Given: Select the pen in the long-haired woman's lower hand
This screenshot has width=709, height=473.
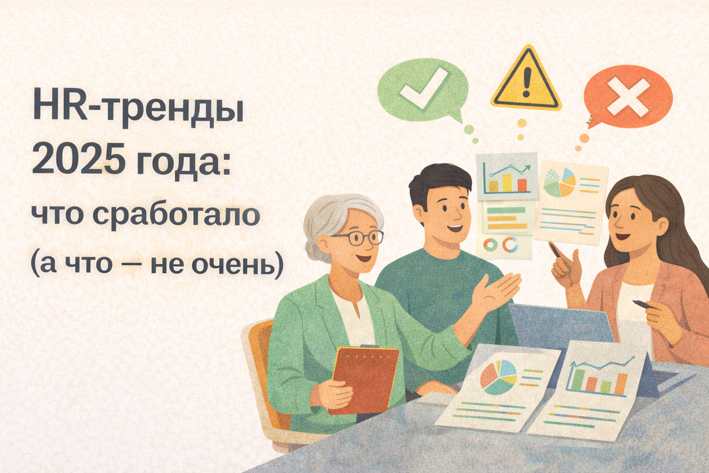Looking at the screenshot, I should (x=642, y=305).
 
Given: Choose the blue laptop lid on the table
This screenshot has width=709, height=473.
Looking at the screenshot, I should (x=561, y=328).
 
